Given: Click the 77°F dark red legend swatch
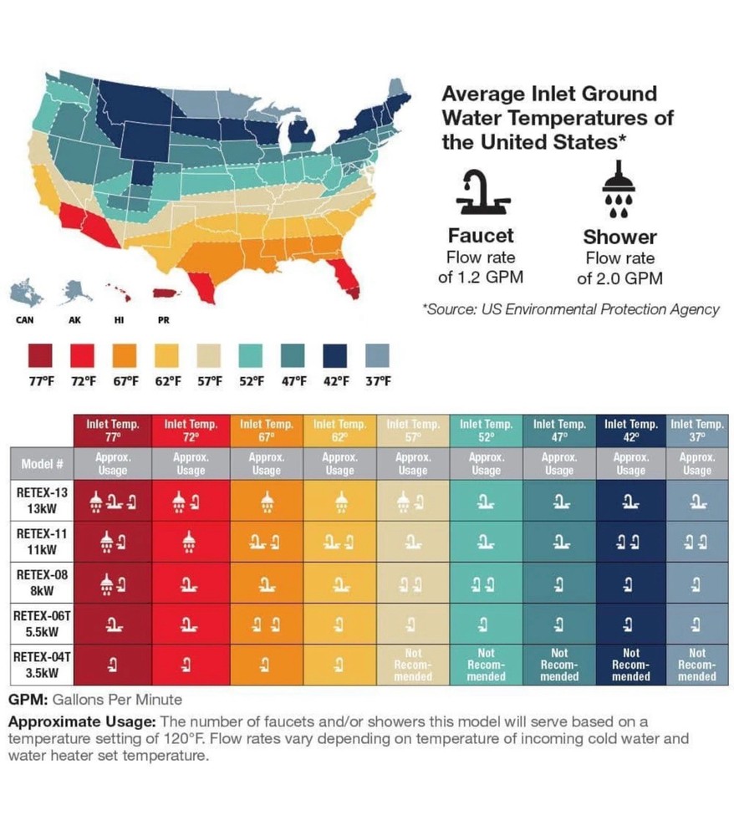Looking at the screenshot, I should tap(40, 356).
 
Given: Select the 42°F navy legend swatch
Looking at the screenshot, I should tap(335, 356).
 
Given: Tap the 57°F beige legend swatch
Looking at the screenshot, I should tap(209, 356).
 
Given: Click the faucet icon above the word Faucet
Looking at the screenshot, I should tap(480, 191).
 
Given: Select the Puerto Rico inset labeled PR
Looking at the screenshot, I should tap(163, 293).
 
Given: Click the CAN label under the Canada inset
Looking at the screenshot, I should tap(25, 319).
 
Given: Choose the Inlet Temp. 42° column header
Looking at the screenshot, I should tap(631, 431).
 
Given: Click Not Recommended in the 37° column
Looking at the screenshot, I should tap(696, 664).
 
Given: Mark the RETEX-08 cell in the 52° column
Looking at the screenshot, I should tap(486, 583).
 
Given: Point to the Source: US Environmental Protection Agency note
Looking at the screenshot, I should tap(572, 309).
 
